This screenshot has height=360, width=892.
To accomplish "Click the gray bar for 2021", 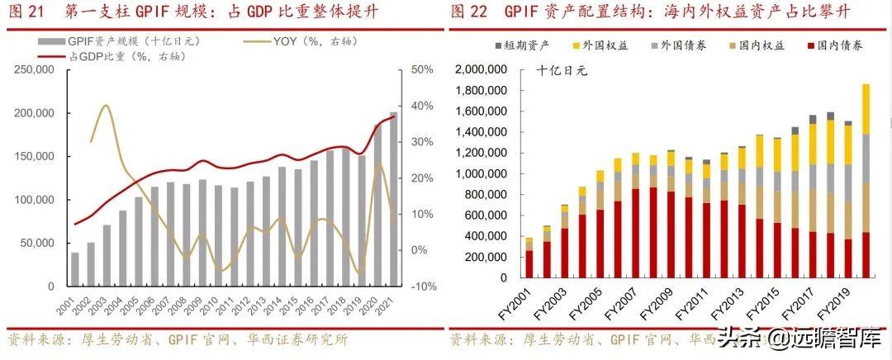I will pos(393,199).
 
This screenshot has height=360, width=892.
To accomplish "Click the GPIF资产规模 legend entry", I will pos(120,40).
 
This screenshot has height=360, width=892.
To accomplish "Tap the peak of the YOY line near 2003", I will pos(105,106).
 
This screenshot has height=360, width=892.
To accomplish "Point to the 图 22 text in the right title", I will pos(471,12).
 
